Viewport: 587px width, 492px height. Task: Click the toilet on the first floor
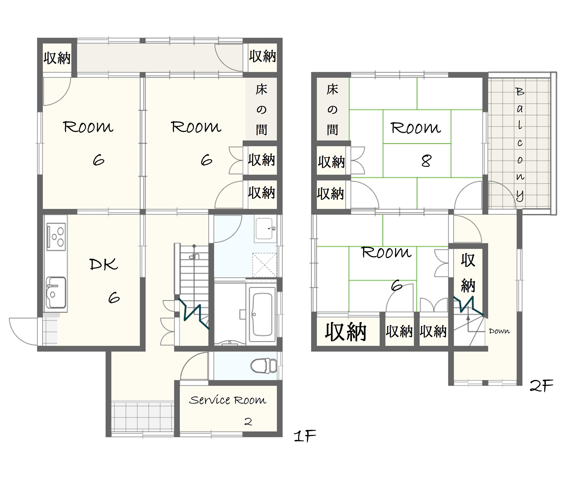click(264, 365)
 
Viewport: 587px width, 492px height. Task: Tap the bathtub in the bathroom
click(262, 314)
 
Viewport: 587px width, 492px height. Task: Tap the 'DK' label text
click(103, 264)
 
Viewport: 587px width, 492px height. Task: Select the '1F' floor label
click(305, 436)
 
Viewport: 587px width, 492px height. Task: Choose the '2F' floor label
click(541, 386)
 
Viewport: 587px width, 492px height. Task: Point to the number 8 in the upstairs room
click(426, 161)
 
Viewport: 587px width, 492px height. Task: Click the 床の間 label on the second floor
click(332, 109)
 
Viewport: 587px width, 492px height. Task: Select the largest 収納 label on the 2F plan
click(346, 332)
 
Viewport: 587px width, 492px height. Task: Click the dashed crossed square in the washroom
click(264, 265)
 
